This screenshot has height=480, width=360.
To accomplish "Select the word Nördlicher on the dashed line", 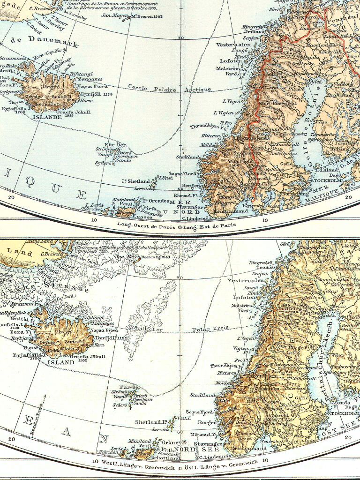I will point(147,329).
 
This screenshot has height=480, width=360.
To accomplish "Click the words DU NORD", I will point(162,212).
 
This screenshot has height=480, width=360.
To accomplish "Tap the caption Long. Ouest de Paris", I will point(148,225).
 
